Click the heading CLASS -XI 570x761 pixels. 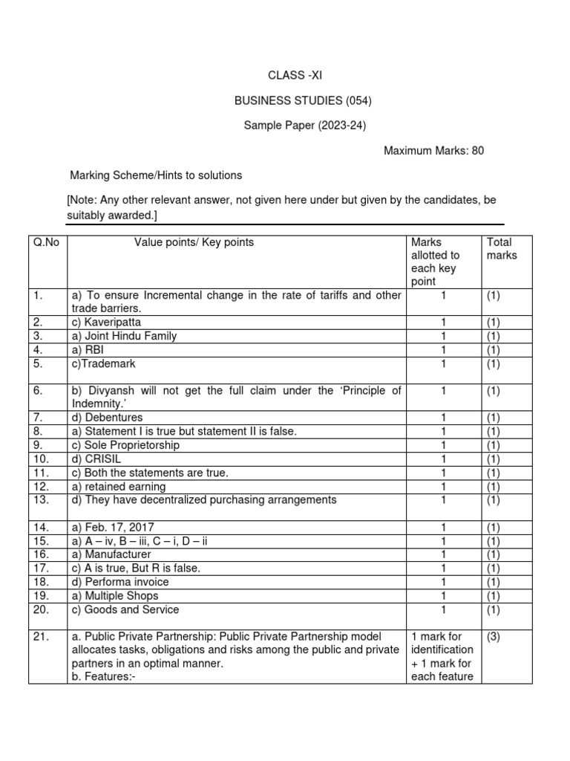coord(295,75)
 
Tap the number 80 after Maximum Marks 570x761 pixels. coord(477,150)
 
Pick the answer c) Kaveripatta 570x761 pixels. coord(106,323)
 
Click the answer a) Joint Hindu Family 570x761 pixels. coord(124,336)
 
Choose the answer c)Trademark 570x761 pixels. coord(104,363)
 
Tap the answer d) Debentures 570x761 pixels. coord(107,418)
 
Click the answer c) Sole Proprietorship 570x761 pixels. coord(125,445)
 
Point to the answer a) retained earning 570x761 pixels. coord(119,486)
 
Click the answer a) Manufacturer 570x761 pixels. coord(111,554)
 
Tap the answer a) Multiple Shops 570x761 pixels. coord(115,595)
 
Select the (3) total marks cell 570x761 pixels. coord(495,636)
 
